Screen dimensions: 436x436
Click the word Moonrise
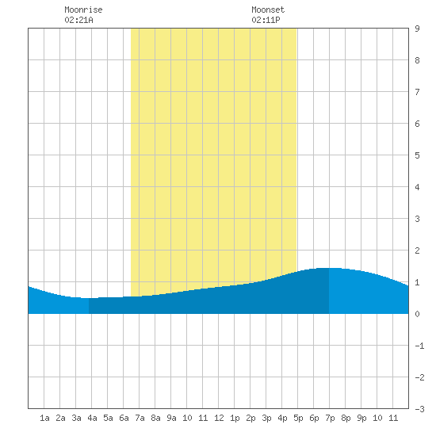pyautogui.click(x=83, y=10)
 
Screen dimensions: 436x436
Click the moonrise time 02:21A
pyautogui.click(x=78, y=20)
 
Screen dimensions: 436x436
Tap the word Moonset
pyautogui.click(x=268, y=10)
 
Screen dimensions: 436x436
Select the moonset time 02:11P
pyautogui.click(x=266, y=20)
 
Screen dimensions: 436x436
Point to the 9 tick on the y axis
pyautogui.click(x=417, y=29)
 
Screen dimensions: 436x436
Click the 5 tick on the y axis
pyautogui.click(x=417, y=155)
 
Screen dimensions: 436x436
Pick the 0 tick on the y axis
pyautogui.click(x=417, y=314)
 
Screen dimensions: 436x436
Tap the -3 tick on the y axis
pyautogui.click(x=419, y=409)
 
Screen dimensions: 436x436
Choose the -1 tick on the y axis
pyautogui.click(x=419, y=346)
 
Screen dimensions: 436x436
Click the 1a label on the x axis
pyautogui.click(x=44, y=418)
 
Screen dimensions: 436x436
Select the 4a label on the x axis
pyautogui.click(x=92, y=418)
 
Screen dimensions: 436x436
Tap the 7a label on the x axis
pyautogui.click(x=140, y=418)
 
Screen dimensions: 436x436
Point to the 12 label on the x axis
pyautogui.click(x=219, y=418)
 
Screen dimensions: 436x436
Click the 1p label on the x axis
pyautogui.click(x=235, y=418)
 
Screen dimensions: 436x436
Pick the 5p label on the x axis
pyautogui.click(x=298, y=418)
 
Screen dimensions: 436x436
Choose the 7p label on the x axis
pyautogui.click(x=330, y=418)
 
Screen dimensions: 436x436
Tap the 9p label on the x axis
pyautogui.click(x=361, y=418)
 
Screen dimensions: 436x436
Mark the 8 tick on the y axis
pyautogui.click(x=417, y=60)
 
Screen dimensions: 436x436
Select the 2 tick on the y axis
pyautogui.click(x=417, y=251)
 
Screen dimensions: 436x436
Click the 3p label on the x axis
pyautogui.click(x=266, y=418)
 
